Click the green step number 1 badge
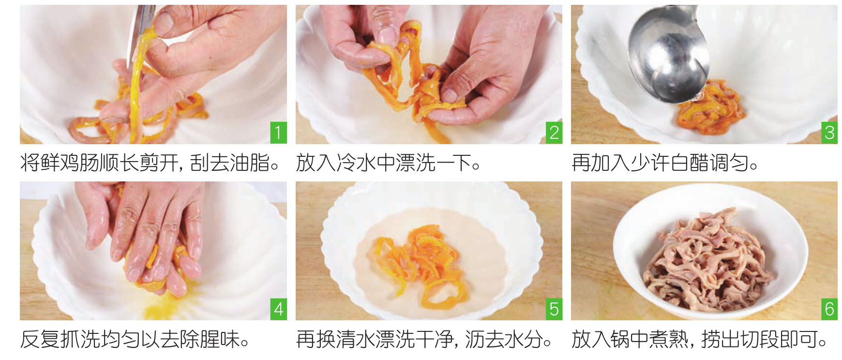tap(278, 133)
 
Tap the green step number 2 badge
tap(554, 133)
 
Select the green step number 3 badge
tap(829, 133)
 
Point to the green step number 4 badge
tap(278, 309)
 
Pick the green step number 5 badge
tap(554, 309)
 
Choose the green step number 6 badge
tap(829, 309)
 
